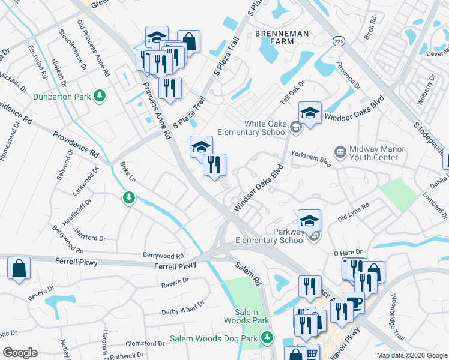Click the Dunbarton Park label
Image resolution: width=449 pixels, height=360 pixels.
[62, 96]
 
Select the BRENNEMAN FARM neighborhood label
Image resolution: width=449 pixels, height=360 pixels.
[274, 37]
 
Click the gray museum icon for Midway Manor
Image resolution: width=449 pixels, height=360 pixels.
[340, 151]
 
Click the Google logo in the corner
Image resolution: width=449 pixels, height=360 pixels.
[20, 352]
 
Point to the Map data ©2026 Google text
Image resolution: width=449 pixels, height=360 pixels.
[411, 355]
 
